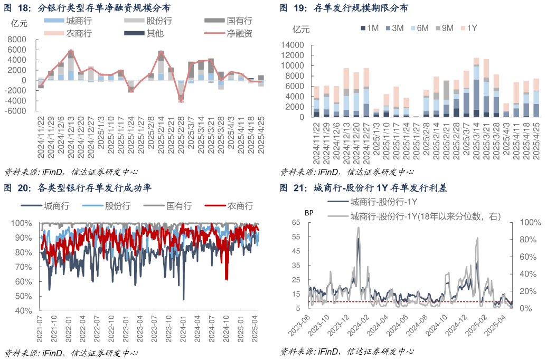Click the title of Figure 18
(x=87, y=8)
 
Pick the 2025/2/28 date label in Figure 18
(x=181, y=138)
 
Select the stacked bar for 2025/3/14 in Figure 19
(x=476, y=87)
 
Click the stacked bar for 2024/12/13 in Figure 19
(x=346, y=92)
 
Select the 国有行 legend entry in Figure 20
(x=179, y=206)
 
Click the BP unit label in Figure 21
(x=308, y=213)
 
